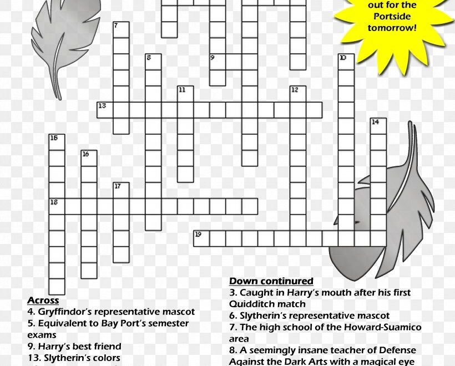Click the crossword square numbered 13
coord(105,110)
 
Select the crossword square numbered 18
coord(57,206)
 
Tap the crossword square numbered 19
coord(201,238)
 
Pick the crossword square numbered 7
coord(121,29)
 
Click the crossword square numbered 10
coord(346,62)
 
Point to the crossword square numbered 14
coord(378,126)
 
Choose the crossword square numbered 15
coord(57,142)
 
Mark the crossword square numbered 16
coord(89,158)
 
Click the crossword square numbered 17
coord(121,190)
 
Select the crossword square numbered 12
coord(298,94)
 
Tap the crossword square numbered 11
coord(185,94)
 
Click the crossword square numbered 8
coord(153,62)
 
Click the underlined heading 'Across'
coord(43,301)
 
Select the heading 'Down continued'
coord(271,281)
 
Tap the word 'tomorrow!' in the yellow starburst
coord(392,28)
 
